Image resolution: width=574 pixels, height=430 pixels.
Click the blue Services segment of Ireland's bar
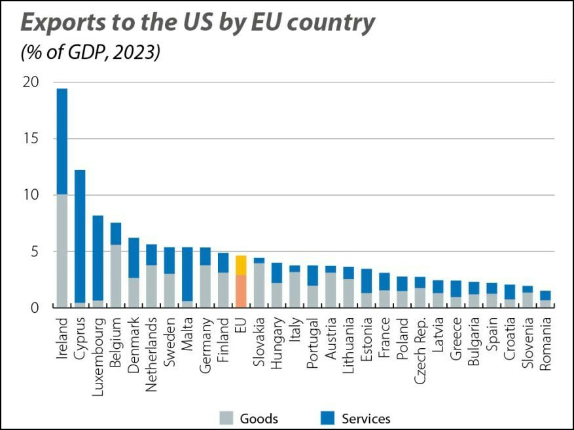point(62,141)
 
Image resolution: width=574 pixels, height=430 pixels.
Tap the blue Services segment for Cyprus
point(80,236)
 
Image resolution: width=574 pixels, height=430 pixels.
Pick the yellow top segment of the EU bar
point(240,265)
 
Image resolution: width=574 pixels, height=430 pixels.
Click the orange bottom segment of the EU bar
point(240,291)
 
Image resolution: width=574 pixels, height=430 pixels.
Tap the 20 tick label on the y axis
point(29,82)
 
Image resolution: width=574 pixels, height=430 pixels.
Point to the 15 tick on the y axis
point(29,139)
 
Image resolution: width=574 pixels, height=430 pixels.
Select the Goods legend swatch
point(226,418)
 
